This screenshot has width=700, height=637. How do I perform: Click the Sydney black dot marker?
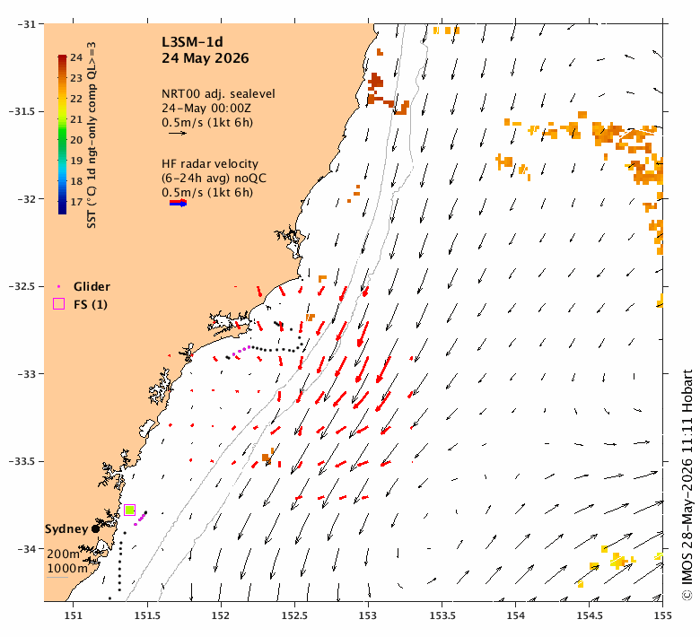tap(95, 529)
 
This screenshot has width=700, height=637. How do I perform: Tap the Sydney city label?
tap(66, 529)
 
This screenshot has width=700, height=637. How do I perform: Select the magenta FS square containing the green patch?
tap(129, 510)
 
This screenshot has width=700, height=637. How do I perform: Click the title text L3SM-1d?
tap(192, 42)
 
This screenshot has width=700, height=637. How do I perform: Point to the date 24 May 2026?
tap(205, 58)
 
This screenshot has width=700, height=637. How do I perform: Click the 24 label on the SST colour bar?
tap(76, 57)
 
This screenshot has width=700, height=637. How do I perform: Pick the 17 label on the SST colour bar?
tap(76, 202)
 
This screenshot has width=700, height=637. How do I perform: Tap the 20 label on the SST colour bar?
tap(76, 140)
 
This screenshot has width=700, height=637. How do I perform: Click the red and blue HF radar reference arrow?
tap(178, 203)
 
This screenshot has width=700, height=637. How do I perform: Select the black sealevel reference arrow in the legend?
tap(178, 133)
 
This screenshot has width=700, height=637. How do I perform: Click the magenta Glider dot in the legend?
tap(58, 286)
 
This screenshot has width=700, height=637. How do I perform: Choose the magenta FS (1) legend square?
tap(59, 304)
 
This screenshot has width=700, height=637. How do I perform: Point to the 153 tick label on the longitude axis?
tap(368, 615)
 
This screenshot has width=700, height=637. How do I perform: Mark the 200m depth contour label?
tap(64, 554)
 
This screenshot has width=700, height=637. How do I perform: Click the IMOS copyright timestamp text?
tap(687, 484)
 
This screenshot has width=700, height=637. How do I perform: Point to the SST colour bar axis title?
tap(92, 135)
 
